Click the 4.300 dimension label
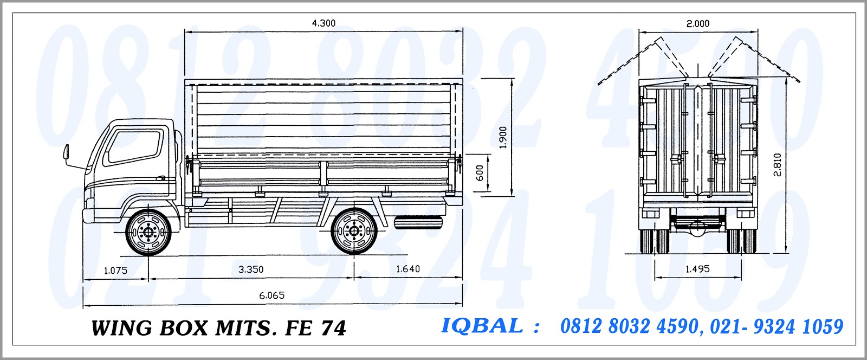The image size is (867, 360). click(x=323, y=23)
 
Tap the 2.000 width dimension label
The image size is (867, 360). click(x=697, y=23)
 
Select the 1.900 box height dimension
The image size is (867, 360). click(x=503, y=137)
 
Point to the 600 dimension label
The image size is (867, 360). click(x=480, y=173)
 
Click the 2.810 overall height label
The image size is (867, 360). click(x=777, y=165)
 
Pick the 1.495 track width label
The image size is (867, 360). click(x=697, y=269)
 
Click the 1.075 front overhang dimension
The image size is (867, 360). click(x=115, y=270)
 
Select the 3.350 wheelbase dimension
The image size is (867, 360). click(x=250, y=269)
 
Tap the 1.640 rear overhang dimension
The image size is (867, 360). click(x=407, y=269)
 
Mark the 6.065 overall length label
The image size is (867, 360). click(x=271, y=295)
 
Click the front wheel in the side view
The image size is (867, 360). click(x=148, y=232)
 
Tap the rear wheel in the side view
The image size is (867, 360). click(x=354, y=232)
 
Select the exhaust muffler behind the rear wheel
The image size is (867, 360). click(x=418, y=222)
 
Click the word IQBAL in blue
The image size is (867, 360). click(x=482, y=326)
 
